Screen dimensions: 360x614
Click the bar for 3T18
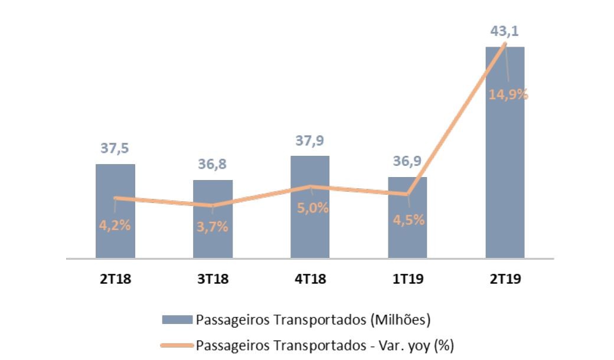(213, 242)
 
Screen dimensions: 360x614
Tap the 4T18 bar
(310, 236)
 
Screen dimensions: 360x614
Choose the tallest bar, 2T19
(505, 177)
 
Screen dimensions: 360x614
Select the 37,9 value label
(310, 141)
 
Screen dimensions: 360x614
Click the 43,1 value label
(505, 31)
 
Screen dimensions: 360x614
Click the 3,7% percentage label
(212, 227)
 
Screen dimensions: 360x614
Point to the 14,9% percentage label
(508, 94)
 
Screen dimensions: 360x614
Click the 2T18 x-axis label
(115, 279)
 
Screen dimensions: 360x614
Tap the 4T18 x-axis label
(310, 279)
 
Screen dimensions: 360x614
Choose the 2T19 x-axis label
(505, 279)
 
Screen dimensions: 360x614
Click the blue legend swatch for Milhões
(177, 320)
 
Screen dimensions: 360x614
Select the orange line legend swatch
(177, 344)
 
